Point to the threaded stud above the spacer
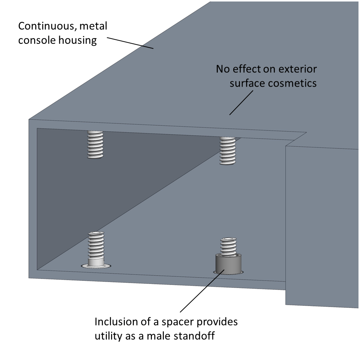click(228, 246)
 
